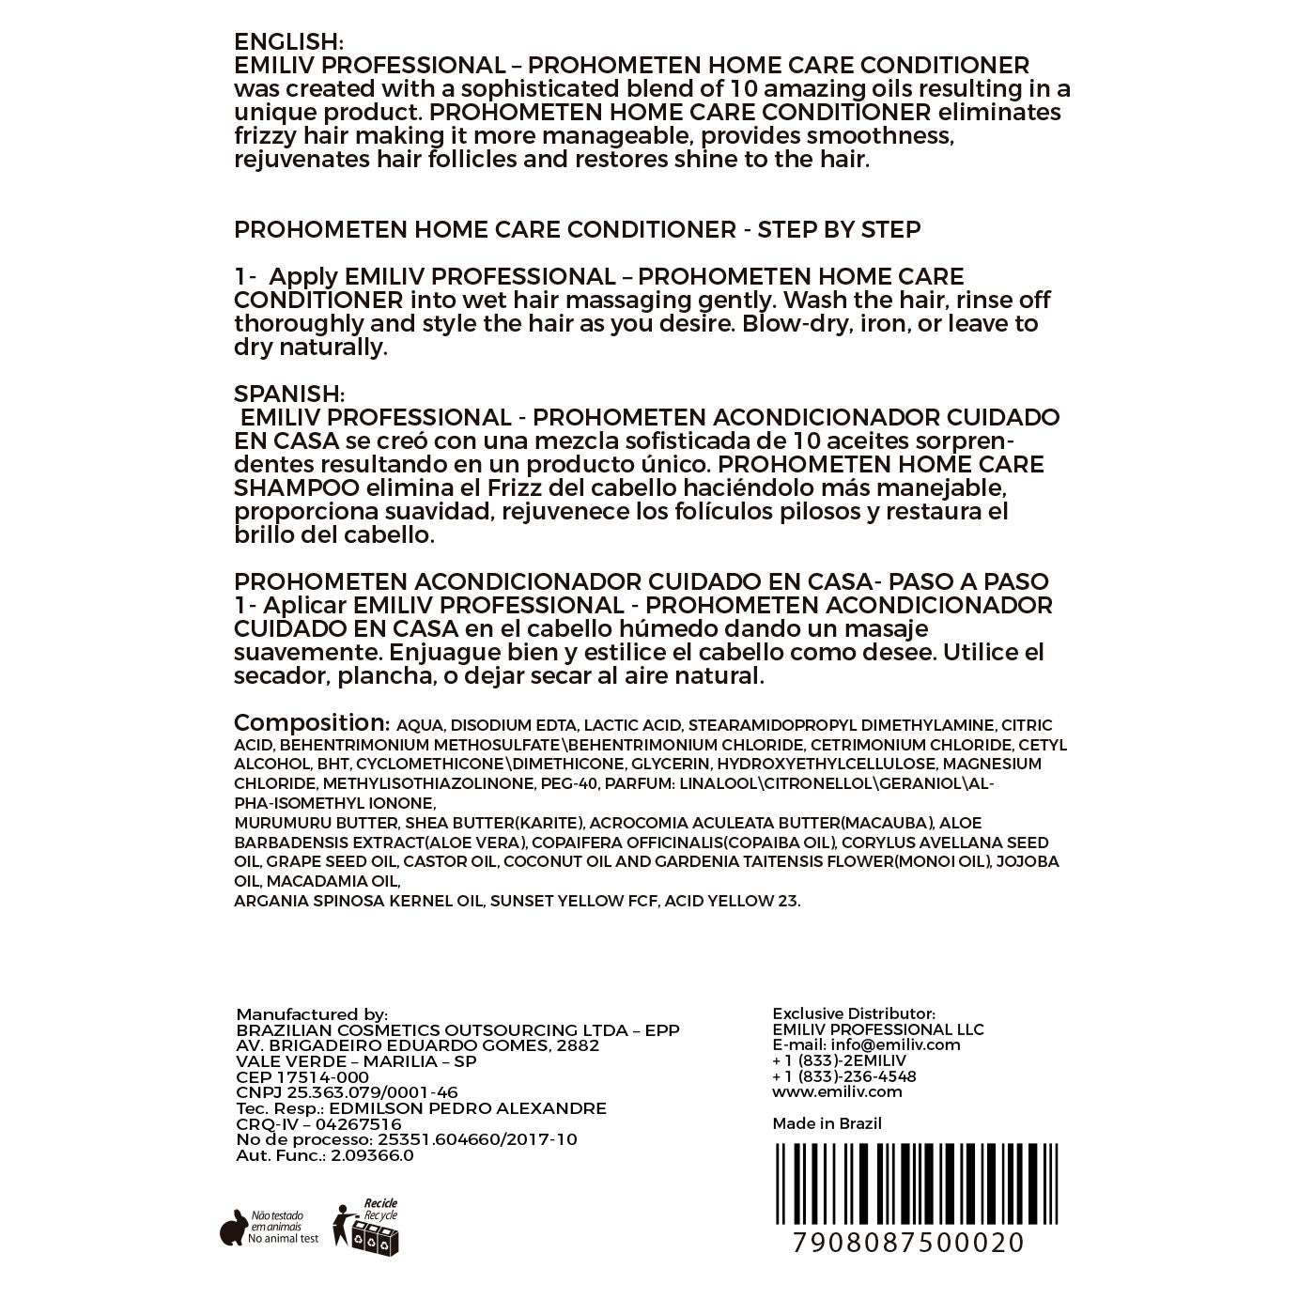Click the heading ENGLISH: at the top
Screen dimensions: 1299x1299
(288, 42)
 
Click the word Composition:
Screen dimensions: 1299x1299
(311, 723)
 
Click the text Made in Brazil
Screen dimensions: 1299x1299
(827, 1123)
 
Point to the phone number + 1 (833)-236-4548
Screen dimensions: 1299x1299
(843, 1076)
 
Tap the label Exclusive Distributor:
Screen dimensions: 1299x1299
(853, 1013)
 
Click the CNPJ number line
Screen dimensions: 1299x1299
(347, 1092)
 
